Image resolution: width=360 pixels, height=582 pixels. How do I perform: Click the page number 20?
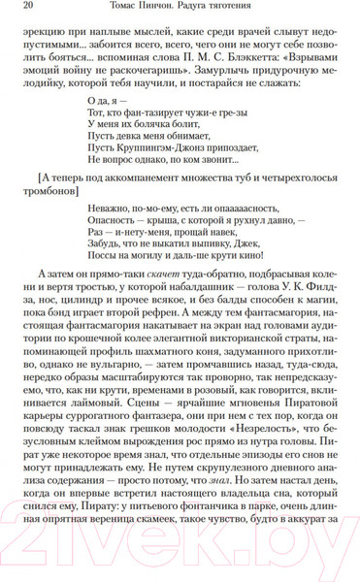25,10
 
